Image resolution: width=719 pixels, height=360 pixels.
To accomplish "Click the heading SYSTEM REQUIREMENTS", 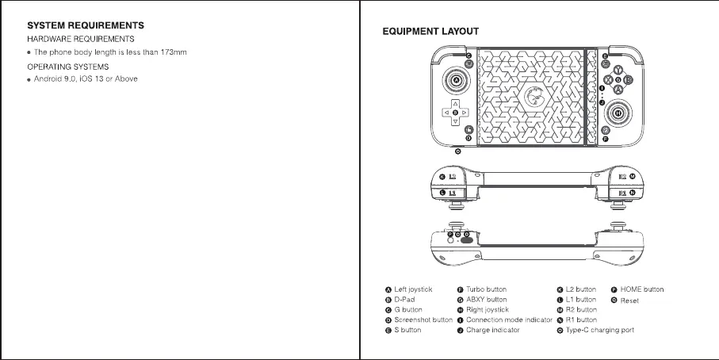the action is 86,25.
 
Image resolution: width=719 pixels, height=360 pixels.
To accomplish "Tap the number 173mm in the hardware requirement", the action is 174,52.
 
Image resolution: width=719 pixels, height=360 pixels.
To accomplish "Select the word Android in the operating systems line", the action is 48,79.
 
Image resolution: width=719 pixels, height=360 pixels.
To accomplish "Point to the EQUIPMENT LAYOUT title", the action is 430,32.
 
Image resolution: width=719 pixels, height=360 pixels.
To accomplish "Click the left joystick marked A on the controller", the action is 456,81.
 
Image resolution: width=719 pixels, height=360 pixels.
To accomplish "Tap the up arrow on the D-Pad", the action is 455,105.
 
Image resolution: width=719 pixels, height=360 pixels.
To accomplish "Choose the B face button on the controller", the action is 628,80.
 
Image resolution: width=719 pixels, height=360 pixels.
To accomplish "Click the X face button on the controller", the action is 608,80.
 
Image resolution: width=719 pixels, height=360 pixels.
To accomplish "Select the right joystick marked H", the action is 618,113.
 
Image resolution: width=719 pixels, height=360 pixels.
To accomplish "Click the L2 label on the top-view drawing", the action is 452,177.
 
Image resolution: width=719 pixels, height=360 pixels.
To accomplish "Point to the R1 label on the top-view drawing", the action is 622,193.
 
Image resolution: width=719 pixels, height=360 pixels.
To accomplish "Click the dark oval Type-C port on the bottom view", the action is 466,239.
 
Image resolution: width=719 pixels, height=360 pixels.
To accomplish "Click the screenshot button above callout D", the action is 468,130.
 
